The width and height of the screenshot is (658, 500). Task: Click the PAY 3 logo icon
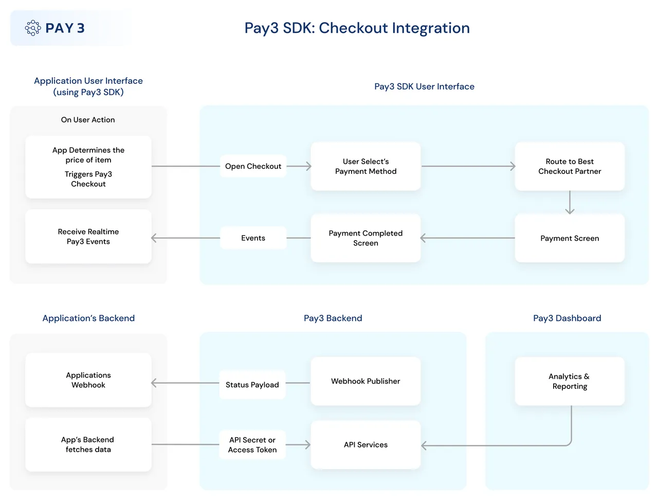pyautogui.click(x=33, y=28)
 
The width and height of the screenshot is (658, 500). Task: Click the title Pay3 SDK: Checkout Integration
pyautogui.click(x=357, y=28)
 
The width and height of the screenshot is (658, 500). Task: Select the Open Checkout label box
pyautogui.click(x=253, y=166)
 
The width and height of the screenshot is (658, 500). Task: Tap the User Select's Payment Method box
pyautogui.click(x=365, y=166)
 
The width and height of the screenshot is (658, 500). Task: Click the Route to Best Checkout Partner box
pyautogui.click(x=570, y=166)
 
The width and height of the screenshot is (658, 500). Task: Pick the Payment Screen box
pyautogui.click(x=570, y=238)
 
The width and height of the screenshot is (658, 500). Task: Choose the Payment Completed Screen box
pyautogui.click(x=365, y=238)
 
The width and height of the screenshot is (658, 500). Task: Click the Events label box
pyautogui.click(x=253, y=238)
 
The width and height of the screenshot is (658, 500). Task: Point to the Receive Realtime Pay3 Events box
pyautogui.click(x=88, y=237)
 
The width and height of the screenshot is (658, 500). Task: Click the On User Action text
pyautogui.click(x=88, y=120)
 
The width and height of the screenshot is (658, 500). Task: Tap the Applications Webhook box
pyautogui.click(x=88, y=380)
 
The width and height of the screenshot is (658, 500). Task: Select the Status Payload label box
pyautogui.click(x=252, y=385)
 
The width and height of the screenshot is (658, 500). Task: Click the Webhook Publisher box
pyautogui.click(x=365, y=381)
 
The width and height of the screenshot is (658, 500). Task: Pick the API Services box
pyautogui.click(x=365, y=445)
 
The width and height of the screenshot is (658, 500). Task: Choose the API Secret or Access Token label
pyautogui.click(x=252, y=445)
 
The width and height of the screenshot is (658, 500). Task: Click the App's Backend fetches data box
pyautogui.click(x=88, y=444)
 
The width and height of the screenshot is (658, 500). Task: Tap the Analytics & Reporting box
pyautogui.click(x=570, y=381)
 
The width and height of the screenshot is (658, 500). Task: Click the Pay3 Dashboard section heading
pyautogui.click(x=567, y=318)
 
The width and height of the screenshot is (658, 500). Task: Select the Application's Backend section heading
pyautogui.click(x=88, y=318)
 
